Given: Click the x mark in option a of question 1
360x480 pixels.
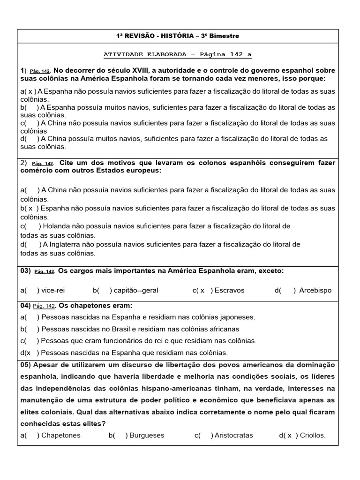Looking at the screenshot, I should click(30, 91).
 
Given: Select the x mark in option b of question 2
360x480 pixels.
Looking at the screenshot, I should click(30, 208).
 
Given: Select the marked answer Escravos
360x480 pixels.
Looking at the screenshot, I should click(230, 290).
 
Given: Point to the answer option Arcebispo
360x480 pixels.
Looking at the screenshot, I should click(315, 290).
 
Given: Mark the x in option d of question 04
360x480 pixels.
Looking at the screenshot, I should click(29, 352).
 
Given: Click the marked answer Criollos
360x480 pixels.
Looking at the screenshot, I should click(312, 435).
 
